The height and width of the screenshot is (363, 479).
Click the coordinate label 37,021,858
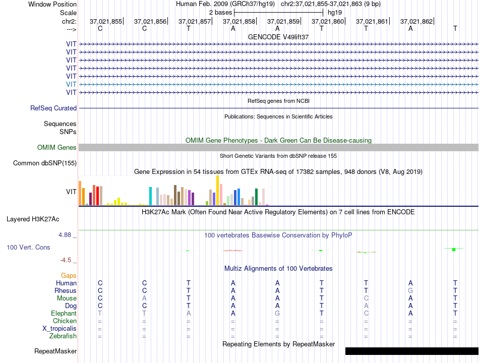[239, 21]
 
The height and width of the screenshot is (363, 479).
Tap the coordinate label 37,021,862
[416, 21]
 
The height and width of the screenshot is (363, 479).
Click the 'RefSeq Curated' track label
[53, 108]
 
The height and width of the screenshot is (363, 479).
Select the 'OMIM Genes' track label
[57, 148]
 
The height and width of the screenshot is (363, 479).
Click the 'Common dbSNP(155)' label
[45, 163]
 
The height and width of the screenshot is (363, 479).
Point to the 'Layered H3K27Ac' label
[33, 219]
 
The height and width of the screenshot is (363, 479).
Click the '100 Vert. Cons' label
[28, 247]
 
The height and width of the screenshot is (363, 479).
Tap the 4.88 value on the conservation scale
[65, 234]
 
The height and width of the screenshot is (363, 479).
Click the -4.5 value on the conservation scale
[66, 260]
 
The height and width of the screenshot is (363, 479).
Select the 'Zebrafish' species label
[63, 336]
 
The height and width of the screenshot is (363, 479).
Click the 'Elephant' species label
[64, 314]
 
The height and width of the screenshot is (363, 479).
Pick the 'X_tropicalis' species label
[59, 329]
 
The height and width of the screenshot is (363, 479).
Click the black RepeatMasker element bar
[412, 351]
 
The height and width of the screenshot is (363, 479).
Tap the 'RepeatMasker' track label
[55, 351]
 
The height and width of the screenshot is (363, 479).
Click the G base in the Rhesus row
[410, 290]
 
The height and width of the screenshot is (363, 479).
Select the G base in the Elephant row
[277, 313]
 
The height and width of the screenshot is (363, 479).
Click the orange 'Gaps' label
[69, 276]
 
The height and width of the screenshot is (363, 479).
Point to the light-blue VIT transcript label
[71, 84]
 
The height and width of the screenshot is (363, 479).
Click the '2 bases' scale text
[220, 13]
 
